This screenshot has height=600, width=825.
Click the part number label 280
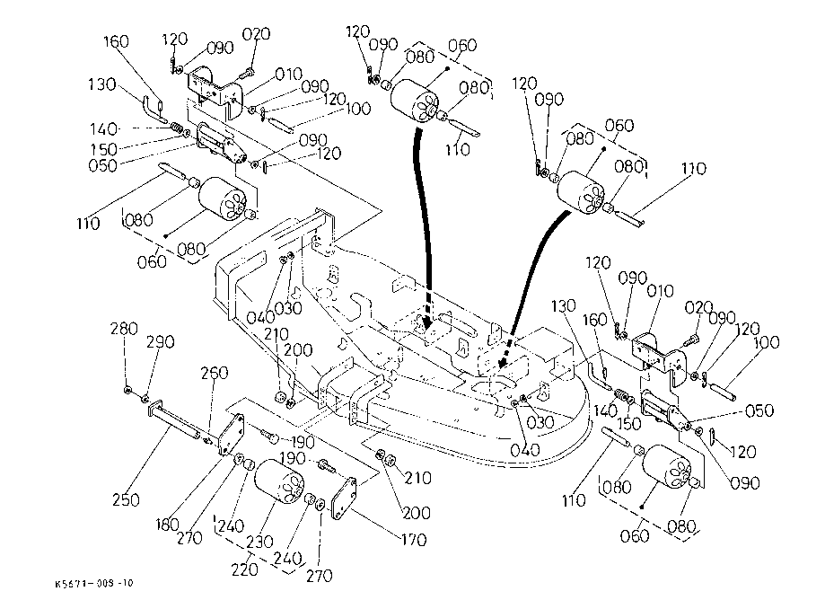(125, 330)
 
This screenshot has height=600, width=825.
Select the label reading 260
(215, 374)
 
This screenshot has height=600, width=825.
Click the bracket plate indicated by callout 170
(346, 499)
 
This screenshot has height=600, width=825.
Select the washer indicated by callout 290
(146, 396)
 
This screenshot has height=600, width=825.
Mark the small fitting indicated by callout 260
(209, 440)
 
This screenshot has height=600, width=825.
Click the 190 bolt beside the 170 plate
(325, 467)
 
